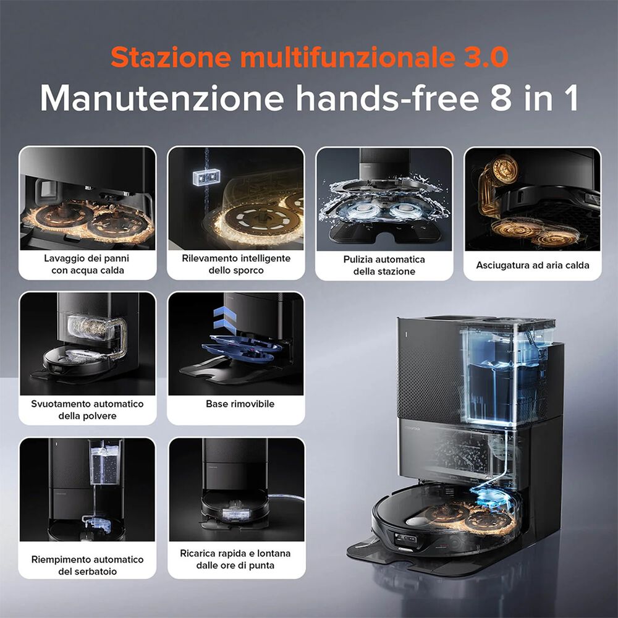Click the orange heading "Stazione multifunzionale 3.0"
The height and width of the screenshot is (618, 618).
[309, 57]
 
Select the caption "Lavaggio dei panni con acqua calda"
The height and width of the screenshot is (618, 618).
[87, 264]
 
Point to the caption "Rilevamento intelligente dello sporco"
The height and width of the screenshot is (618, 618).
[235, 264]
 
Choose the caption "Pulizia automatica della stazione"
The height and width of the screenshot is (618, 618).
[384, 265]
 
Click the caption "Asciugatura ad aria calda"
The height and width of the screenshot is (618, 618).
[532, 265]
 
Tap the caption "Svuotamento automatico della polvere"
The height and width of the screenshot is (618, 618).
[87, 409]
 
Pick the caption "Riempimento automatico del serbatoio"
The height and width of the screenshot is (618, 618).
[87, 565]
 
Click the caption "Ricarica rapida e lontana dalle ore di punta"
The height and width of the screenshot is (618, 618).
[235, 559]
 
